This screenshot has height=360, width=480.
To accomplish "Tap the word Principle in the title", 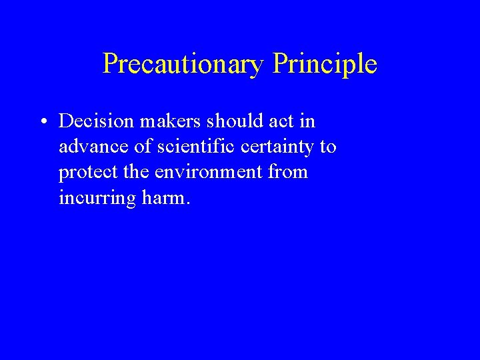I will pyautogui.click(x=325, y=64).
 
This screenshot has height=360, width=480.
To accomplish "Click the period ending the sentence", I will pyautogui.click(x=188, y=203).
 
